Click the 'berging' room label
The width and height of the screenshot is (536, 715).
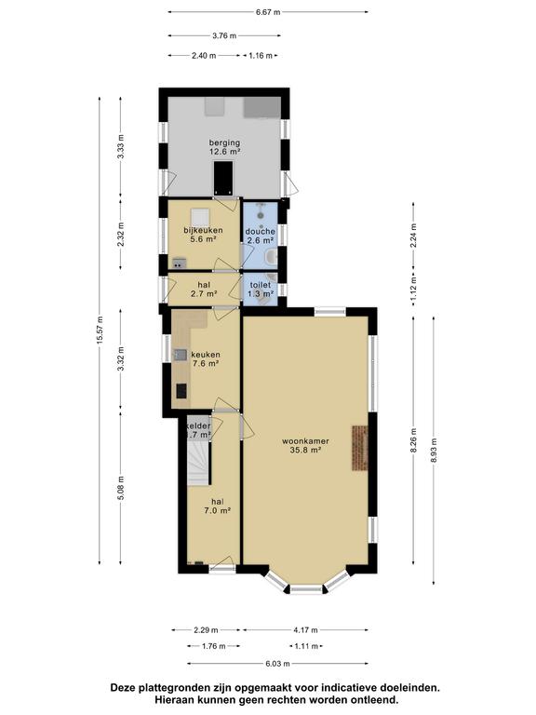[224, 142]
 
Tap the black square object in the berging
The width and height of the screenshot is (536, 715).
[223, 174]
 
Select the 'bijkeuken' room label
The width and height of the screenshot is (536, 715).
[200, 229]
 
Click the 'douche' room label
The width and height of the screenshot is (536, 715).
[261, 231]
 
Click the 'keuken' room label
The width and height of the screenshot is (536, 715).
[205, 354]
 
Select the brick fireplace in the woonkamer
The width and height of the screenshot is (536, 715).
[359, 449]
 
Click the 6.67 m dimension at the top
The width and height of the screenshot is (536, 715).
[268, 12]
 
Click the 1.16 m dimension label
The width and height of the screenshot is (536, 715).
[261, 56]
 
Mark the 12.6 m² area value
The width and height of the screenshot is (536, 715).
[224, 153]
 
